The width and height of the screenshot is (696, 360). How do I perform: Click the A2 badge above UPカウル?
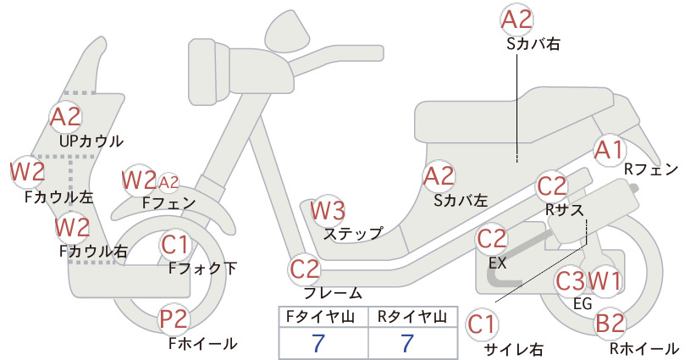66,117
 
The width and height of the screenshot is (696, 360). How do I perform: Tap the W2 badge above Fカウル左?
28,171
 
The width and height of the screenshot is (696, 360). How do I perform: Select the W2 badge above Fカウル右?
72,227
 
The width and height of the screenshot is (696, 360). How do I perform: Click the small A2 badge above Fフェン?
168,182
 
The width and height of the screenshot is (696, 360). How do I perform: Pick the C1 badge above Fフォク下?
175,245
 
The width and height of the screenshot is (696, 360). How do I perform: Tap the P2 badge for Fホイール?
174,319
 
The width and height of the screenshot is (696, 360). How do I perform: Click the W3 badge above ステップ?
328,210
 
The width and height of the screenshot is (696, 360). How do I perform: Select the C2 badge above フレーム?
305,269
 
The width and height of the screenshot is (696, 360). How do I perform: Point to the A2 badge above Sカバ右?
516,20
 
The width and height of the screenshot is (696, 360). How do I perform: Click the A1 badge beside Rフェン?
610,150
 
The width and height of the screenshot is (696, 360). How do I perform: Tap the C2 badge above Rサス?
552,186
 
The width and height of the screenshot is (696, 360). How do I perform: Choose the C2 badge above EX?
492,239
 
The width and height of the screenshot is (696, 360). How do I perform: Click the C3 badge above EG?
571,280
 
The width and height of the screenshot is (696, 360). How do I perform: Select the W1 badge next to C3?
605,280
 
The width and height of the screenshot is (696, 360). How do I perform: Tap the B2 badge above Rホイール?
610,324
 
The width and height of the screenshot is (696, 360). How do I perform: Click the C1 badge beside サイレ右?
482,324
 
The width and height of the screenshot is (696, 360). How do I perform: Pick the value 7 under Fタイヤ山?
318,343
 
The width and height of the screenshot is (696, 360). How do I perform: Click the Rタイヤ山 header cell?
413,317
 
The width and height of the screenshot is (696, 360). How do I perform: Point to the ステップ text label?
353,234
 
